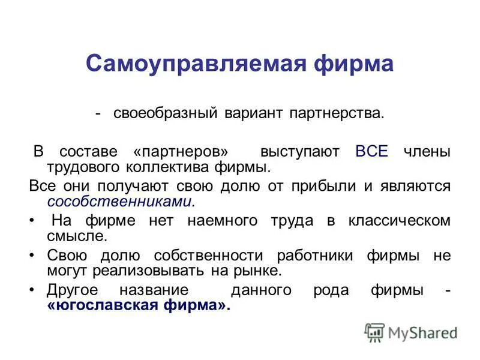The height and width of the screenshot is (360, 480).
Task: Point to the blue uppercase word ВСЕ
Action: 372,151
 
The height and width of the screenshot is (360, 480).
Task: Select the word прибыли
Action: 322,186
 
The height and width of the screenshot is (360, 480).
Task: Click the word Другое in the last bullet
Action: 74,290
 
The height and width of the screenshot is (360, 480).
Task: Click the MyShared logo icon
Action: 374,332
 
